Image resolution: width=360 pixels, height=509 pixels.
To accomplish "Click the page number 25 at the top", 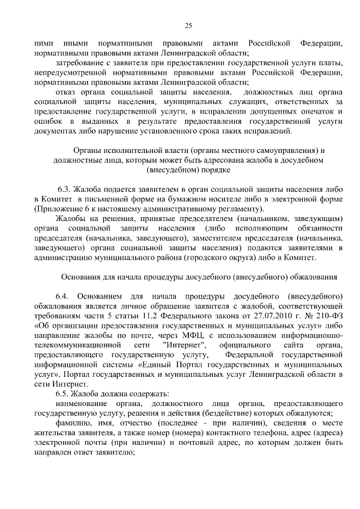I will point(188,25).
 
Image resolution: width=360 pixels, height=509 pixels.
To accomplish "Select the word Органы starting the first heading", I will point(91,151).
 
